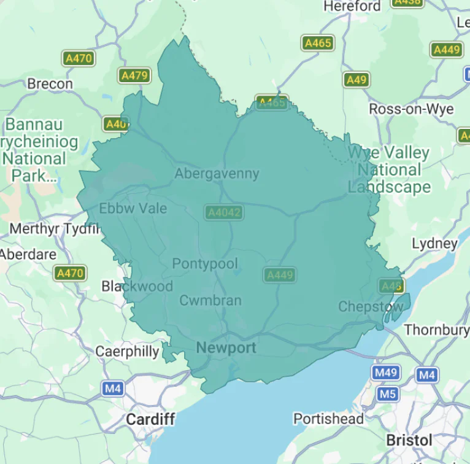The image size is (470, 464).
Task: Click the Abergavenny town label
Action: [x=217, y=174]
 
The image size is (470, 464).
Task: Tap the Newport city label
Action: [x=226, y=348]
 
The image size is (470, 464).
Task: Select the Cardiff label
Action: [x=150, y=420]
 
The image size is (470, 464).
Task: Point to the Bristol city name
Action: [x=409, y=440]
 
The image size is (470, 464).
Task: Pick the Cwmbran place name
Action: [x=210, y=301]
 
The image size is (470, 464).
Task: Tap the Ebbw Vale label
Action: [x=133, y=208]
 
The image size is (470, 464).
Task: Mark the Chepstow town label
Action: [x=371, y=306]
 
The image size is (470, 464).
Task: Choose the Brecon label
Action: [x=50, y=83]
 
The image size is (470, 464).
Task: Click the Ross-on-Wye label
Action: [x=411, y=109]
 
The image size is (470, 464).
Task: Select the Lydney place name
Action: [x=434, y=244]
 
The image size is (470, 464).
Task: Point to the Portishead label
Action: [x=328, y=419]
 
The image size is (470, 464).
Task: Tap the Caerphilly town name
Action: [x=127, y=352]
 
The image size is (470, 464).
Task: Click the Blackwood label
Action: [x=137, y=286]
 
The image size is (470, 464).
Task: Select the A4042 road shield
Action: [x=224, y=212]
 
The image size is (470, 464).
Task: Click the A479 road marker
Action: [x=134, y=75]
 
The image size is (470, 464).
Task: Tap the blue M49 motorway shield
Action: [x=385, y=373]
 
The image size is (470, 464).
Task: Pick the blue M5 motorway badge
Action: [x=387, y=393]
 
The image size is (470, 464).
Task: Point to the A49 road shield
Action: [x=356, y=80]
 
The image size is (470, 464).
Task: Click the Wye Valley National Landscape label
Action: [x=389, y=169]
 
